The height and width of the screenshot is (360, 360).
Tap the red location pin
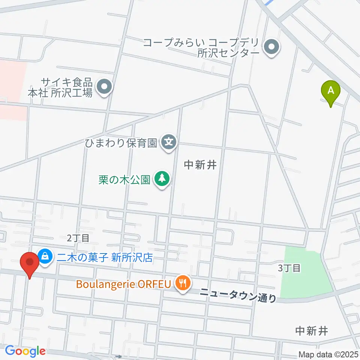point(30,263)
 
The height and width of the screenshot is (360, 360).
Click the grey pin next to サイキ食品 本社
point(105,87)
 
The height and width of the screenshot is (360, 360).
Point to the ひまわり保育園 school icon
point(169,142)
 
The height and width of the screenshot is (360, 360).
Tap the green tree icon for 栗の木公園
point(162,179)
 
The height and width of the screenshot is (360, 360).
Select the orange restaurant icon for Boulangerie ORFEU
point(183,283)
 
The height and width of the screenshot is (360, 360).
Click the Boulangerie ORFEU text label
point(124,283)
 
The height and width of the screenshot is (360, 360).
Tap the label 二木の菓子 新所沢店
point(106,257)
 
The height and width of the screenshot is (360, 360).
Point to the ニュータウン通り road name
point(238,295)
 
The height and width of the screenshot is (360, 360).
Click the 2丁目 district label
point(78,237)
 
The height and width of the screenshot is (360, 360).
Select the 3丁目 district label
point(289,268)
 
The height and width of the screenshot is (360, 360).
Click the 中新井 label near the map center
point(201,164)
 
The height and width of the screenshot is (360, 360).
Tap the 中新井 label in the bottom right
point(312,331)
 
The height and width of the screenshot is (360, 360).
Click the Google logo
point(25,351)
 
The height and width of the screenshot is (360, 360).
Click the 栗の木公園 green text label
point(124,180)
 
